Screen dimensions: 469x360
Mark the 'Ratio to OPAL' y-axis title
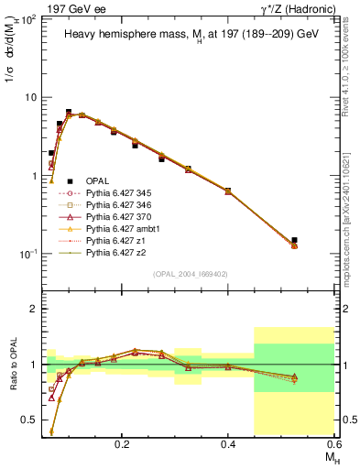(12, 365)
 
